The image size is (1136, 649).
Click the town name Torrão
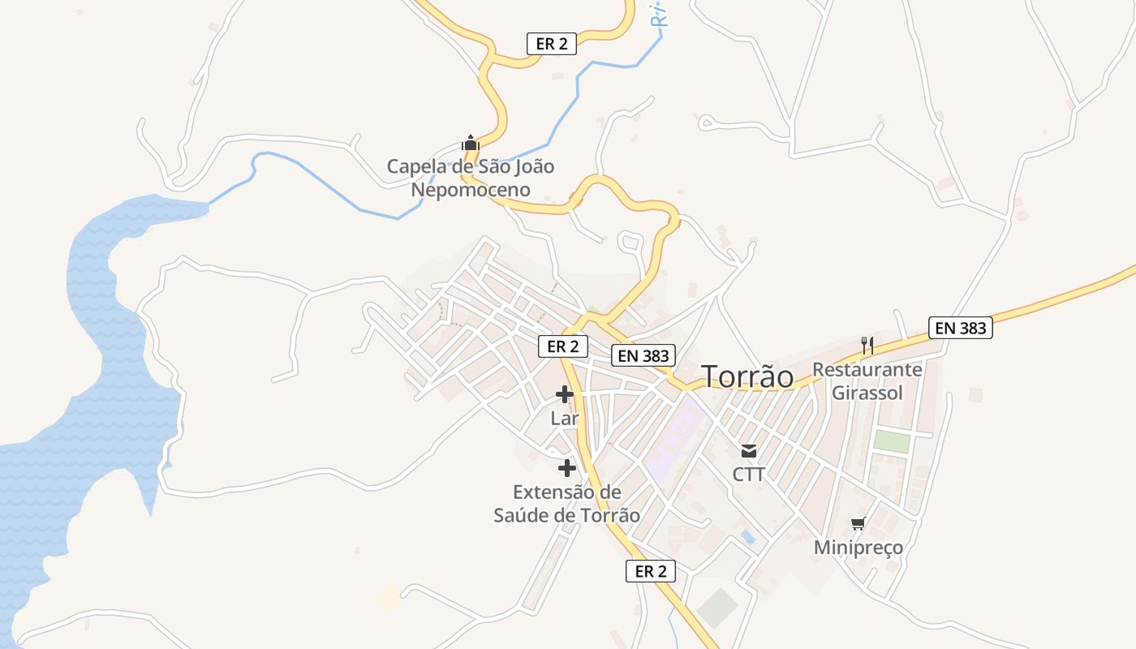coord(747,376)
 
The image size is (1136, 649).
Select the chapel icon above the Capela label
coord(470,144)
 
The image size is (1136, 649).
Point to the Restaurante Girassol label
coord(867,381)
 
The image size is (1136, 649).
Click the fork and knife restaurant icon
coord(867,346)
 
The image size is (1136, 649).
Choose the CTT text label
coord(748,475)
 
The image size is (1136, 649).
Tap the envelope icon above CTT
coord(748,451)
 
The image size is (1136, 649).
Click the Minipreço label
coord(858,548)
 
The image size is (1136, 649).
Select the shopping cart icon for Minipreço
coord(858,523)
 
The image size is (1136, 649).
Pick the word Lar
coord(565,419)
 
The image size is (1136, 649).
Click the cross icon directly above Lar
coord(565,395)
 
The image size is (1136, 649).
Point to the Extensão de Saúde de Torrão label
coord(566,504)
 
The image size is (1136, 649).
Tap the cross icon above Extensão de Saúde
coord(566,468)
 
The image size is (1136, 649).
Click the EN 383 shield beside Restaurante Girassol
coord(961,328)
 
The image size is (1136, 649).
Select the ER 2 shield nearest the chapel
coord(552,44)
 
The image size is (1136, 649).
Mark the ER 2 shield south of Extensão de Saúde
coord(651,571)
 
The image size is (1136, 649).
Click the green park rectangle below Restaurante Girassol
coord(891,442)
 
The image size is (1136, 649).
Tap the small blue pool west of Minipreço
coord(747,537)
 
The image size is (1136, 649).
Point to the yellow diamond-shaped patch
coord(388,599)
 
